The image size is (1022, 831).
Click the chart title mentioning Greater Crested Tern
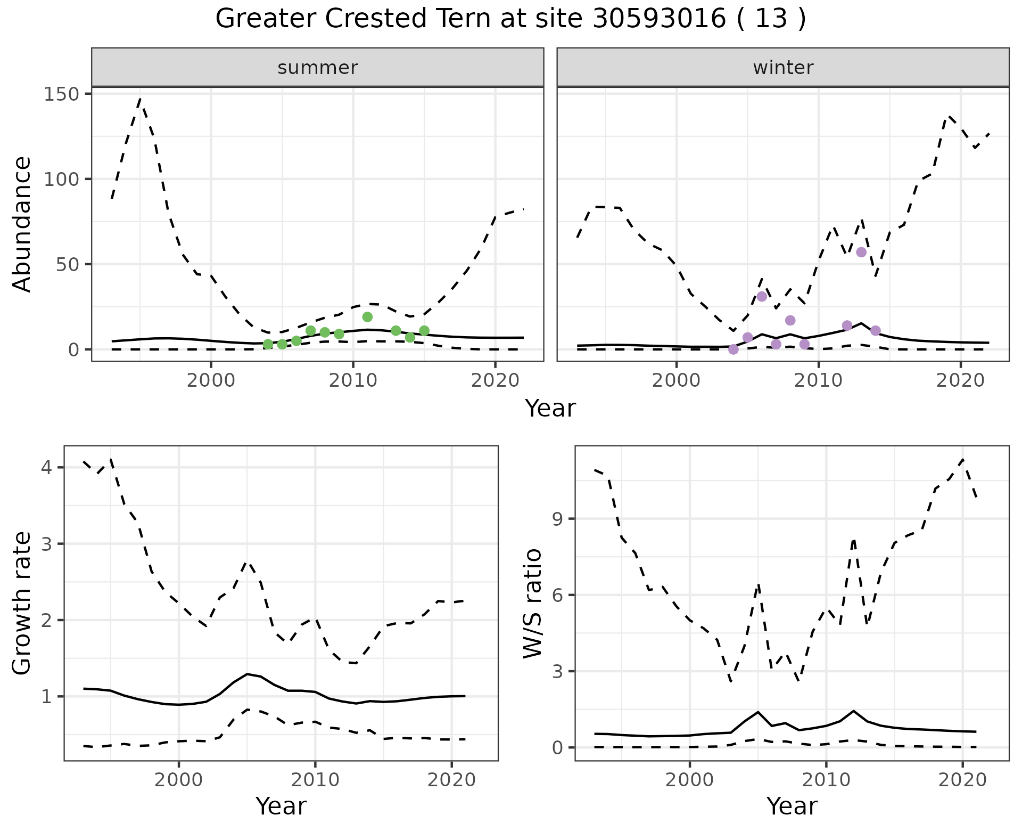tap(510, 19)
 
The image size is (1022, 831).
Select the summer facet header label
tap(318, 68)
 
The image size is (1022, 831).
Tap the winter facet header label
tap(783, 68)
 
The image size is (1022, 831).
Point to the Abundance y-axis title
tap(22, 224)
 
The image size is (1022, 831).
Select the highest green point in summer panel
tap(367, 317)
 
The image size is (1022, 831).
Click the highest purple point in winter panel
tap(861, 252)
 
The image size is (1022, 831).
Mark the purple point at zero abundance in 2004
tap(733, 349)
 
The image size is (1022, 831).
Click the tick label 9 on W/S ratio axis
tap(557, 519)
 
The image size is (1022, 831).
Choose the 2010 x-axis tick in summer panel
tap(353, 381)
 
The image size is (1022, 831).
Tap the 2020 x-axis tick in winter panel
tap(960, 381)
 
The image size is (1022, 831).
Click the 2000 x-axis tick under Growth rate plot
tap(179, 780)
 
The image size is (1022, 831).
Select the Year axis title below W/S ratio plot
tap(792, 806)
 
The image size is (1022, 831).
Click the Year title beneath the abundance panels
tap(550, 409)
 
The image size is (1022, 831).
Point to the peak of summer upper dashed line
tap(140, 99)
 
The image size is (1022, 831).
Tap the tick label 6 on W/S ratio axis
tap(557, 595)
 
